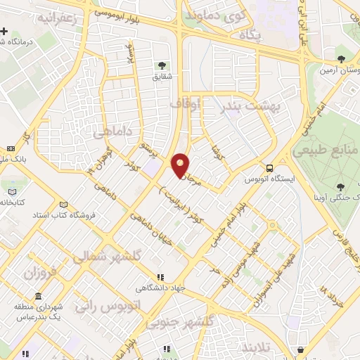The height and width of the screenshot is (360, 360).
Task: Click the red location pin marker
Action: coord(181,165)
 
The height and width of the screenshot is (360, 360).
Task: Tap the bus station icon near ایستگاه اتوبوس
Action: coord(270,167)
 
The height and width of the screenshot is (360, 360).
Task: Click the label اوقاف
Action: coord(186,103)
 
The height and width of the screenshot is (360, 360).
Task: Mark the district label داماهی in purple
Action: coord(112,131)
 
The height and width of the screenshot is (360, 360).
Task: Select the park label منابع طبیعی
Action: coord(327,149)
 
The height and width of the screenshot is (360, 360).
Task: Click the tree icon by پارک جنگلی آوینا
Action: coord(340,187)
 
